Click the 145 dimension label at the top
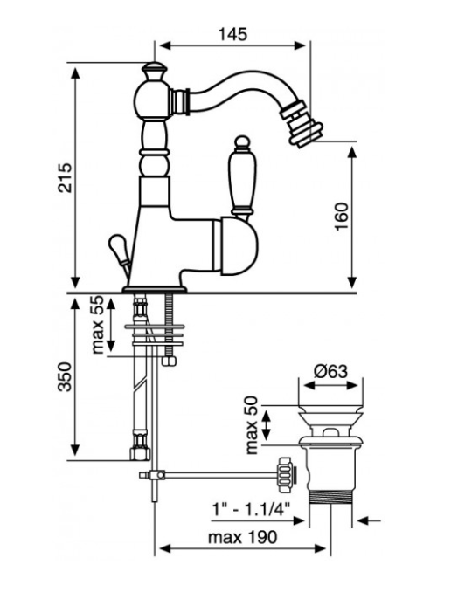[232, 34]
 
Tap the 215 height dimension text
[65, 177]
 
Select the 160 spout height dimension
[342, 217]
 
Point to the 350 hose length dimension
[65, 376]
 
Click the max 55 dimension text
[98, 325]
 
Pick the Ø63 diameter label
[331, 371]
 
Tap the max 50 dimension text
[252, 425]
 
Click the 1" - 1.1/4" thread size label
[251, 509]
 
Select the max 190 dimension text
[242, 537]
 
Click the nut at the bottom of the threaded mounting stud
[169, 361]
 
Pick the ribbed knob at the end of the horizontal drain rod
[286, 475]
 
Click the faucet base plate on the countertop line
[154, 290]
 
